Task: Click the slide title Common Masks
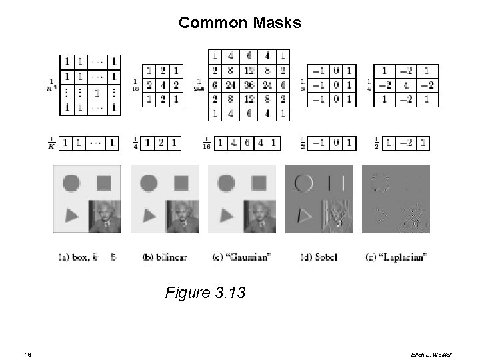[x=239, y=23]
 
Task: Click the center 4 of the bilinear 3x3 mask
[x=164, y=85]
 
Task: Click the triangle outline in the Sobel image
[x=304, y=215]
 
